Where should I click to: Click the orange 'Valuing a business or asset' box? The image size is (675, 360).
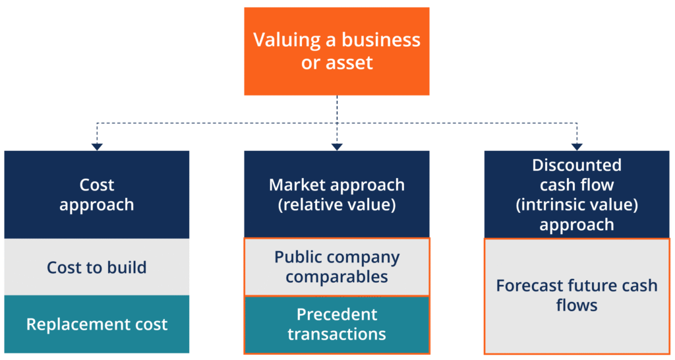(337, 51)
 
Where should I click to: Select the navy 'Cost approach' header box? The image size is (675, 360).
(97, 195)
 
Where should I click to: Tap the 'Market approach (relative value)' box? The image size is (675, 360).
(337, 195)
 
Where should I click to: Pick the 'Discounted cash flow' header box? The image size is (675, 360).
(577, 195)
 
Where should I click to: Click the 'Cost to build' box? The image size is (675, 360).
(97, 267)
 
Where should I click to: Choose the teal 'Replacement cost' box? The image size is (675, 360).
(97, 324)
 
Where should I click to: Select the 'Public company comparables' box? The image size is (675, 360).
(337, 267)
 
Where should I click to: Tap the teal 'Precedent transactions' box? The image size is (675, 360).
(337, 325)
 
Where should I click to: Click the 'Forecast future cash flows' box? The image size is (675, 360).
(577, 295)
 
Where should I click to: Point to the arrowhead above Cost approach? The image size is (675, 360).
(97, 146)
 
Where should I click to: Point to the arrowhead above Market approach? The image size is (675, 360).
(337, 146)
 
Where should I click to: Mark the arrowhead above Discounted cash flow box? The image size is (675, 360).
(577, 146)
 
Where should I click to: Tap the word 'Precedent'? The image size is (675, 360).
(337, 315)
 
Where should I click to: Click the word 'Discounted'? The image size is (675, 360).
(577, 165)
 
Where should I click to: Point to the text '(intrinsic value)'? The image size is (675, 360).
(577, 204)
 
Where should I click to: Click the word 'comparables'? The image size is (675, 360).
(337, 276)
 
